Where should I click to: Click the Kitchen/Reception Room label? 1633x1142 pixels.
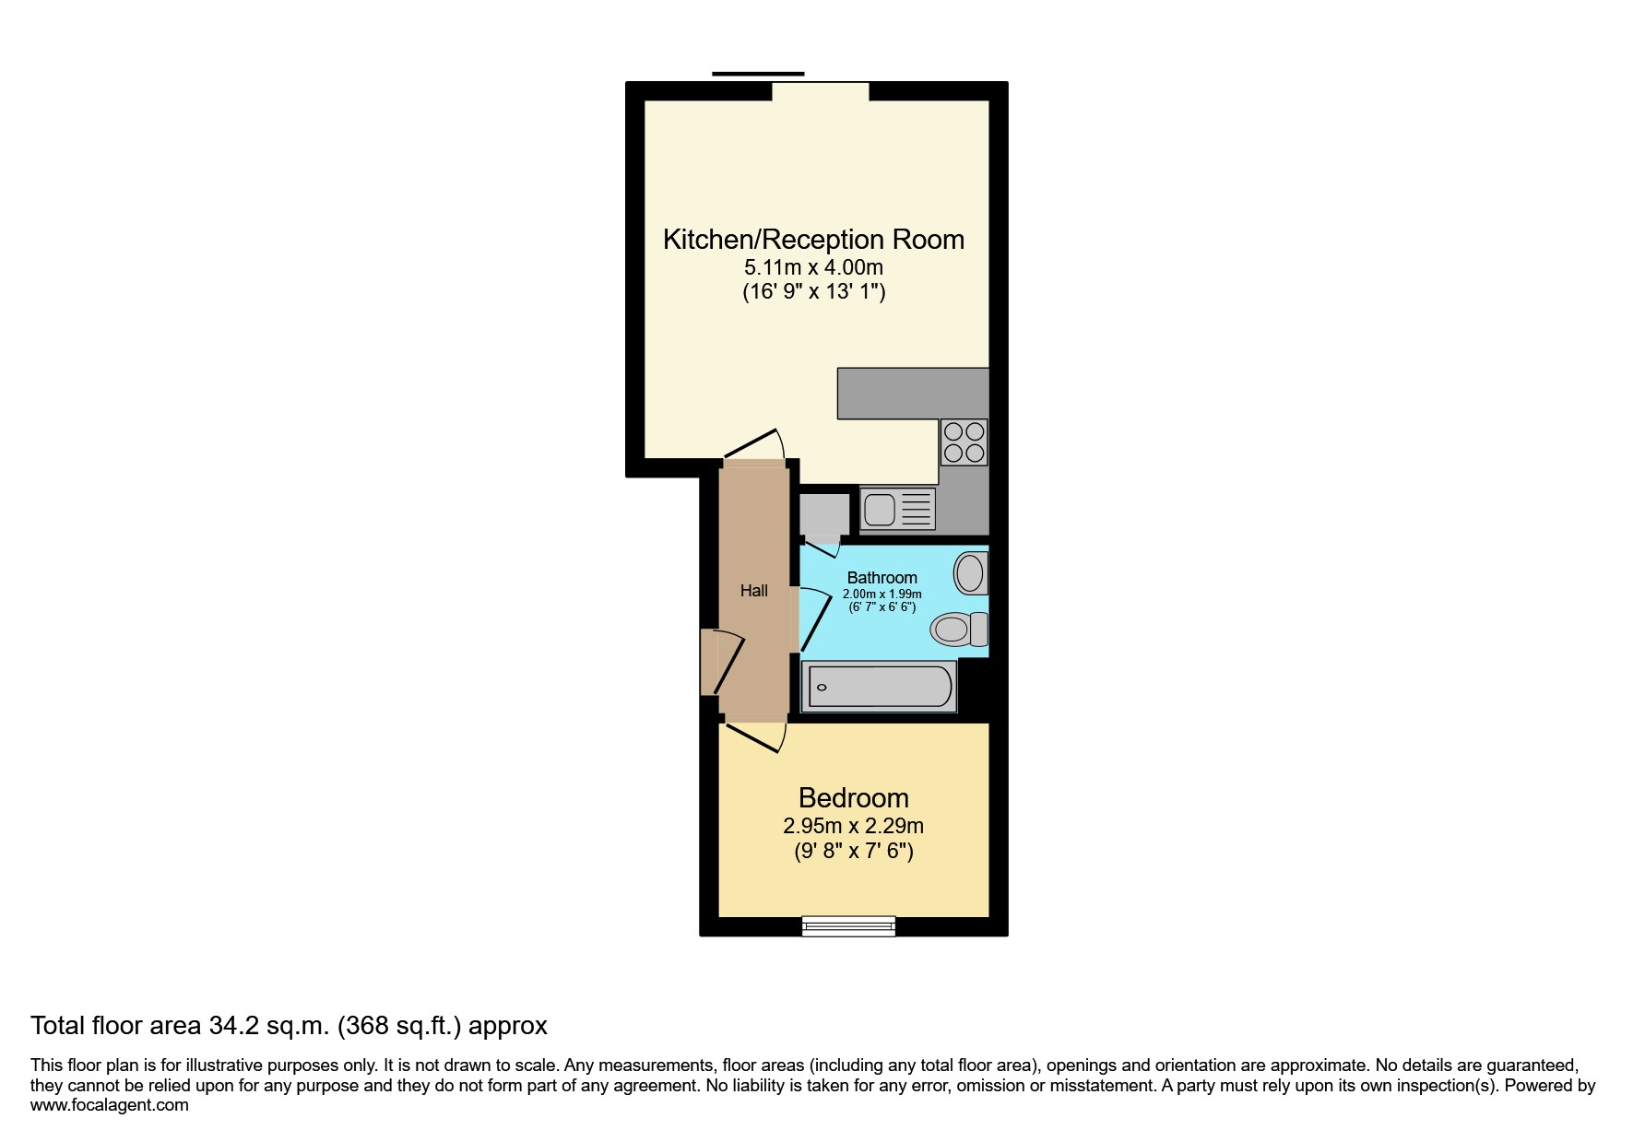click(813, 240)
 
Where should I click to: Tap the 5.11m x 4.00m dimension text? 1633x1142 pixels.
click(813, 267)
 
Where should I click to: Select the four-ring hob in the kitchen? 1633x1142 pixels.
click(964, 441)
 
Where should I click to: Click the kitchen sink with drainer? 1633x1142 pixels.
click(897, 509)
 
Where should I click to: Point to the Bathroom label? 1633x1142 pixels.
click(882, 578)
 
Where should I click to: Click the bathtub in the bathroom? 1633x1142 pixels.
click(879, 687)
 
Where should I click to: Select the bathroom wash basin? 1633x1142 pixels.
click(969, 573)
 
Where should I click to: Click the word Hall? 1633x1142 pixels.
click(753, 591)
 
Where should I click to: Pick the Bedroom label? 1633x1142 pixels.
click(853, 797)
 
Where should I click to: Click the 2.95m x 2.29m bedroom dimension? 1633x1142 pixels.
click(853, 826)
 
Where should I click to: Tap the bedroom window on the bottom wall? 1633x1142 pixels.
click(848, 926)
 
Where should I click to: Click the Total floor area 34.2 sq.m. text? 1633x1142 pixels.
click(289, 1025)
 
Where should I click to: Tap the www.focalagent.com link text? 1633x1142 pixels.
click(109, 1105)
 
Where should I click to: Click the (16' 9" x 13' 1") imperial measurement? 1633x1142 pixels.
click(813, 292)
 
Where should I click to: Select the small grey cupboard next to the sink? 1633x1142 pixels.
click(823, 514)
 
